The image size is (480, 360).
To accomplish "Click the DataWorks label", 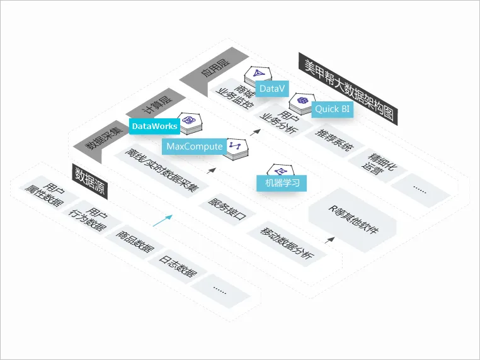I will (x=154, y=127).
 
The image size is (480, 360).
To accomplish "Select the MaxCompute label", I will (x=195, y=147).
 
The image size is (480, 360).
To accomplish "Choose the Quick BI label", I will (x=332, y=108).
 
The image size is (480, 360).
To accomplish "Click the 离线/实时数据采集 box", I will (x=161, y=170).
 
